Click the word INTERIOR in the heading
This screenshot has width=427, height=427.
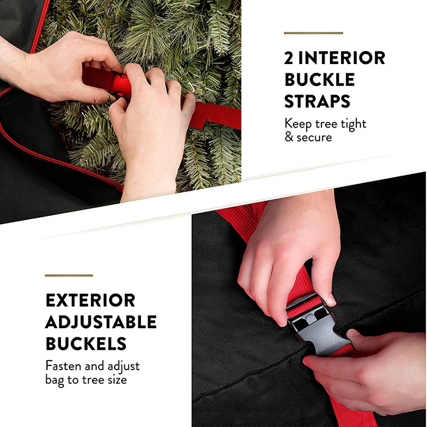(x=343, y=58)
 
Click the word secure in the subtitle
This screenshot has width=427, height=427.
(x=315, y=137)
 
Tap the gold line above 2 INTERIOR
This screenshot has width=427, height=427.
(x=313, y=33)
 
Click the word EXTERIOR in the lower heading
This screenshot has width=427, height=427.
(x=90, y=301)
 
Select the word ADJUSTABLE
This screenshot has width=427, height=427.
(x=101, y=321)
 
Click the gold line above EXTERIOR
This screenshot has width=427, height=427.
(x=68, y=276)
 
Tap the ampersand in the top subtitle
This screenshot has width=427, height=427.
(x=289, y=137)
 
